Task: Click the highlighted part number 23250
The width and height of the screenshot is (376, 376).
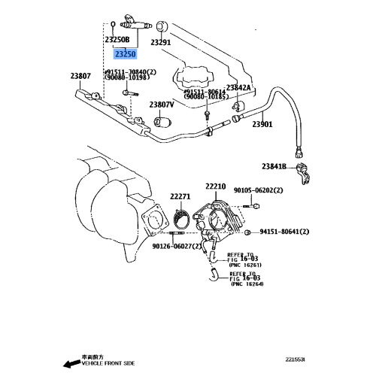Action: (x=125, y=54)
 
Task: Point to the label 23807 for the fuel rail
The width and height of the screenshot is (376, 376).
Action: (x=80, y=76)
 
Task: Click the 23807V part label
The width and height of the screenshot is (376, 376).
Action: (x=162, y=105)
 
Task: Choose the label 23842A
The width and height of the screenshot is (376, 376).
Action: (x=239, y=88)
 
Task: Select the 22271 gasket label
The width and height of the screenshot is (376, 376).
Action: (x=180, y=196)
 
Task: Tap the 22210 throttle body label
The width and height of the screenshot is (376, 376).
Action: (x=215, y=186)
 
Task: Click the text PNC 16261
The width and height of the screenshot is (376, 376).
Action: (x=246, y=265)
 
